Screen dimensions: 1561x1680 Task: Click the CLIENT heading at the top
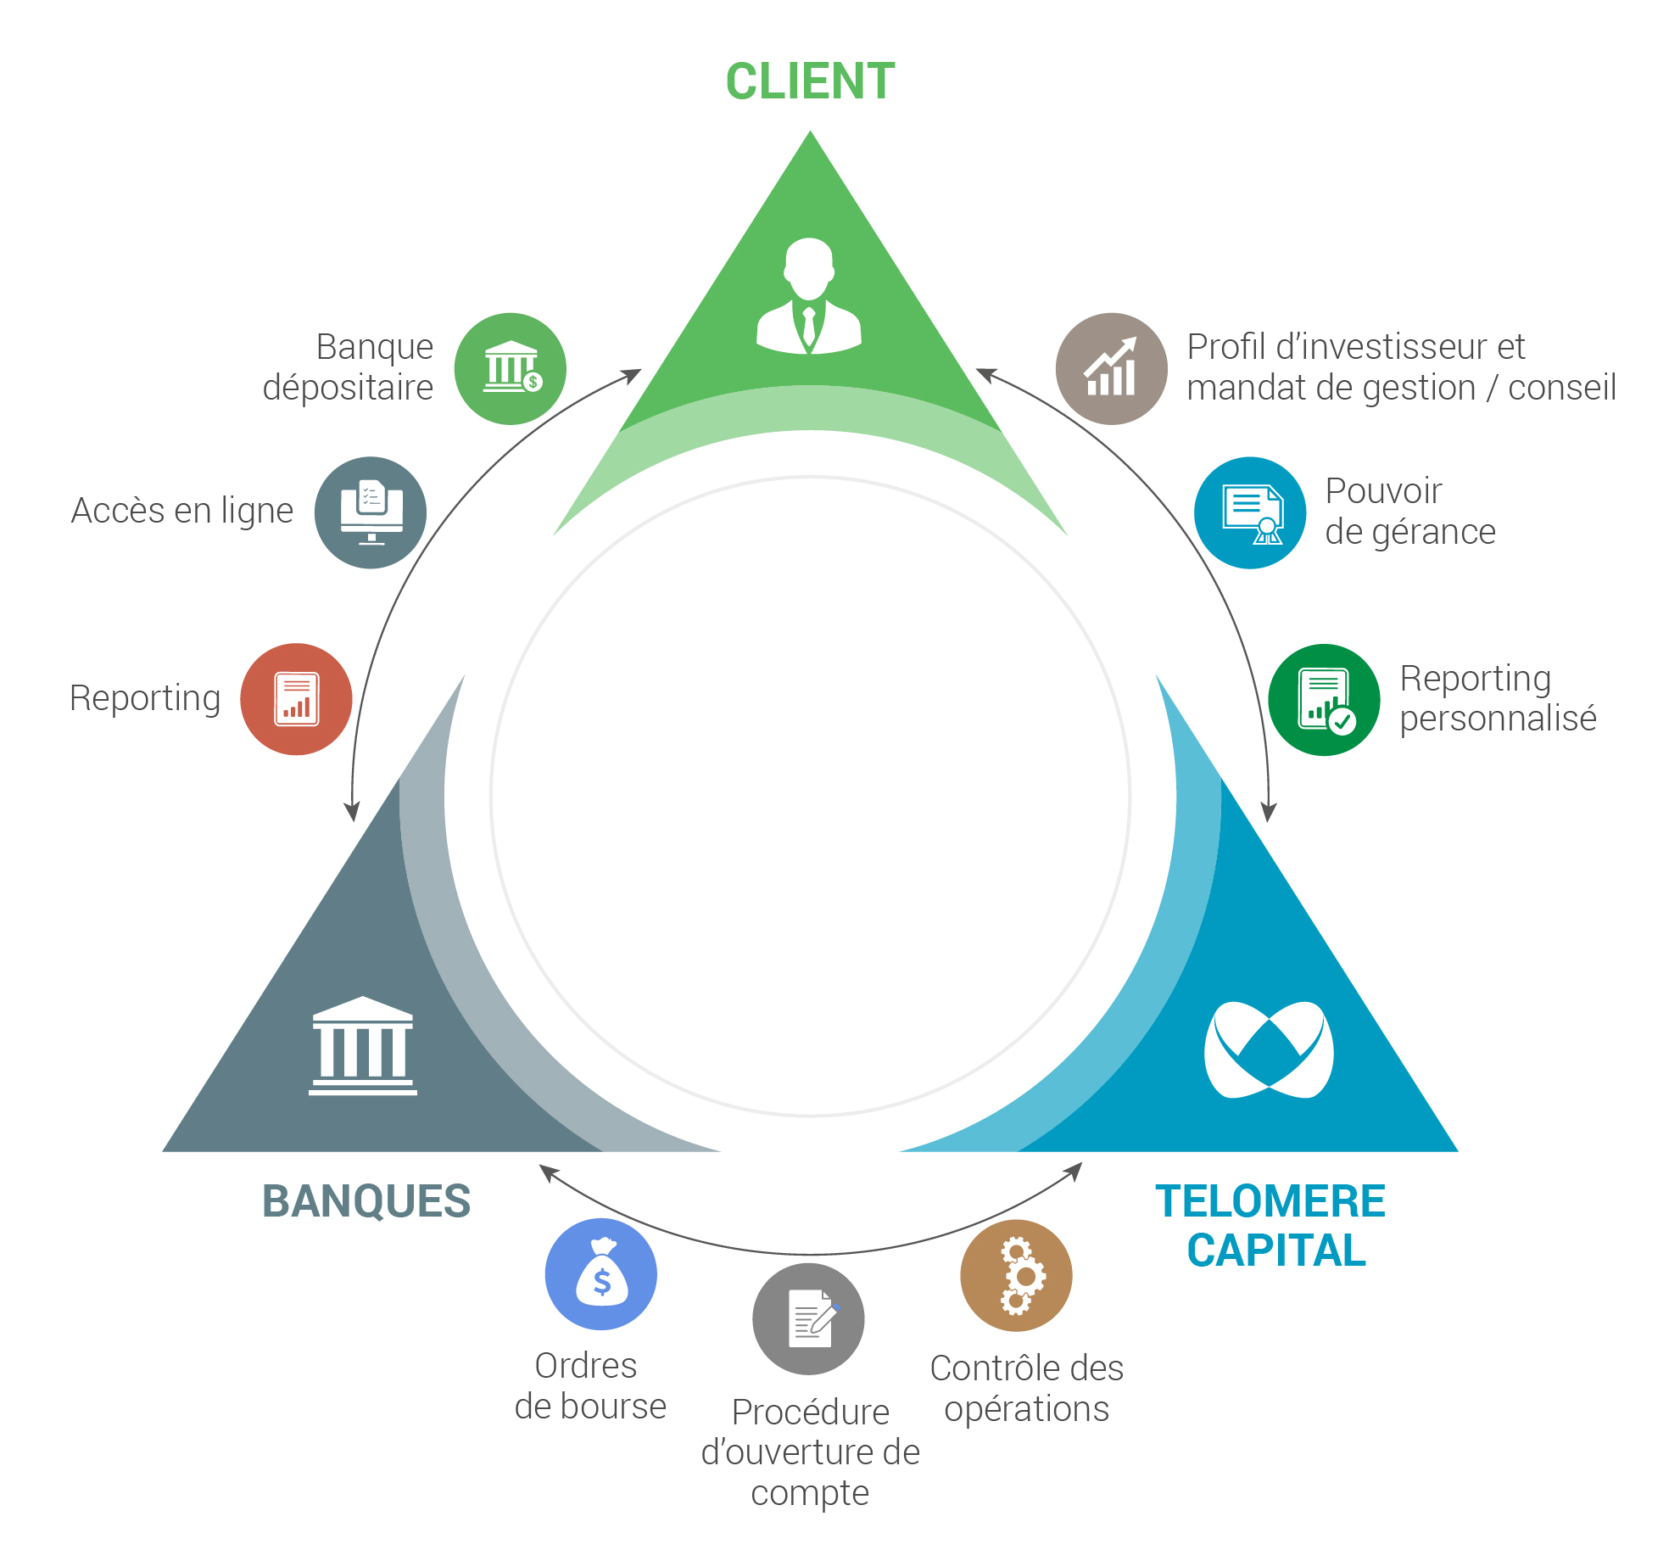pyautogui.click(x=810, y=82)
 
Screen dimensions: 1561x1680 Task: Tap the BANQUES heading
pyautogui.click(x=366, y=1201)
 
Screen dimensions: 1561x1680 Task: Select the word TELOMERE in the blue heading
pyautogui.click(x=1270, y=1201)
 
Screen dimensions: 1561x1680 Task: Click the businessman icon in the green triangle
pyautogui.click(x=809, y=296)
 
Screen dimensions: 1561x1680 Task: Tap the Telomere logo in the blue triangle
pyautogui.click(x=1269, y=1049)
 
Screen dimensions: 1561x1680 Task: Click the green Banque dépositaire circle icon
pyautogui.click(x=511, y=368)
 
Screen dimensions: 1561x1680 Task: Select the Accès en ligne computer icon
pyautogui.click(x=371, y=512)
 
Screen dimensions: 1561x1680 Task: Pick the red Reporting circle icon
pyautogui.click(x=296, y=699)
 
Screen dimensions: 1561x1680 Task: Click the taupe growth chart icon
pyautogui.click(x=1111, y=368)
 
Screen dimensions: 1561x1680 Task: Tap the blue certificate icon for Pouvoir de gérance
pyautogui.click(x=1250, y=512)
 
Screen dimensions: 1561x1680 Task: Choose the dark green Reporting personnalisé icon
pyautogui.click(x=1324, y=700)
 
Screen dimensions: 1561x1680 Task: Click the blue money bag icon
pyautogui.click(x=601, y=1273)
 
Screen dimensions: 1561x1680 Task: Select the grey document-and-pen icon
pyautogui.click(x=808, y=1318)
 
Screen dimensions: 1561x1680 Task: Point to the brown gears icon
pyautogui.click(x=1016, y=1275)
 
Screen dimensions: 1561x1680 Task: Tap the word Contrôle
pyautogui.click(x=984, y=1368)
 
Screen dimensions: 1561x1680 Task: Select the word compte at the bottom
pyautogui.click(x=810, y=1492)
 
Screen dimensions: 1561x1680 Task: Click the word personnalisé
pyautogui.click(x=1498, y=719)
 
